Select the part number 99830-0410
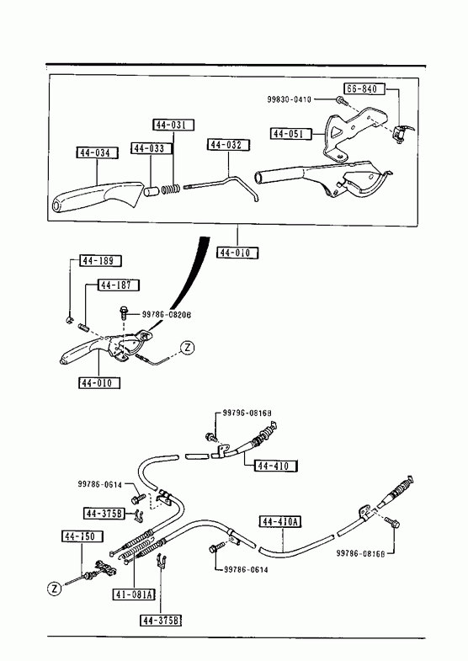pos(289,99)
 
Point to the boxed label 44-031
pos(173,125)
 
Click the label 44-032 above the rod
pos(228,145)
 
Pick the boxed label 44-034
pos(97,152)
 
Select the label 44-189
pos(100,261)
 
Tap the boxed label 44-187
pos(119,285)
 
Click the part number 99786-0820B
pos(166,314)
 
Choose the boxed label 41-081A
pos(134,594)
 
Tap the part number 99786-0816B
pos(360,553)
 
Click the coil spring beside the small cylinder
pos(171,189)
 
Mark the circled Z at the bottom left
pos(55,589)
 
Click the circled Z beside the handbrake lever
pos(188,348)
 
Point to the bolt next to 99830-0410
pos(341,101)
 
